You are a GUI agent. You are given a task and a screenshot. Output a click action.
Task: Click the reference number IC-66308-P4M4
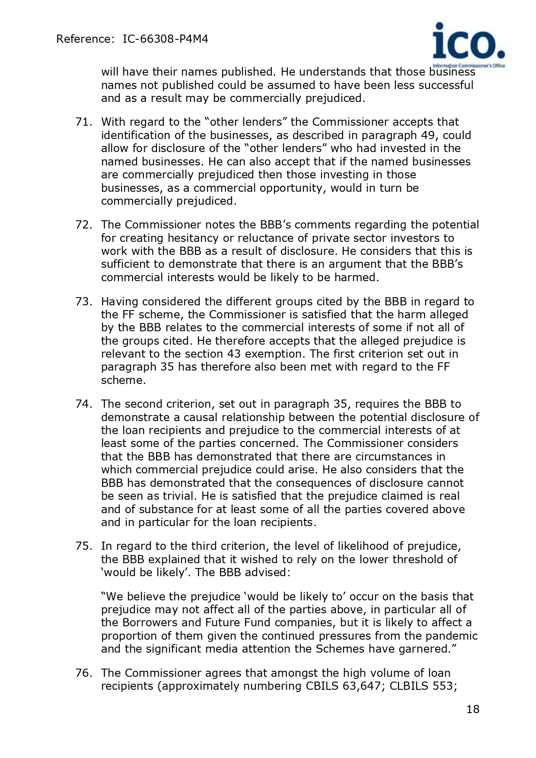(x=165, y=39)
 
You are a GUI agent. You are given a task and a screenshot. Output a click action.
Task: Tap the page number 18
(x=473, y=709)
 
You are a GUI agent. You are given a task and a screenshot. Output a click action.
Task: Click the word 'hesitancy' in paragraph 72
(x=193, y=238)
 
